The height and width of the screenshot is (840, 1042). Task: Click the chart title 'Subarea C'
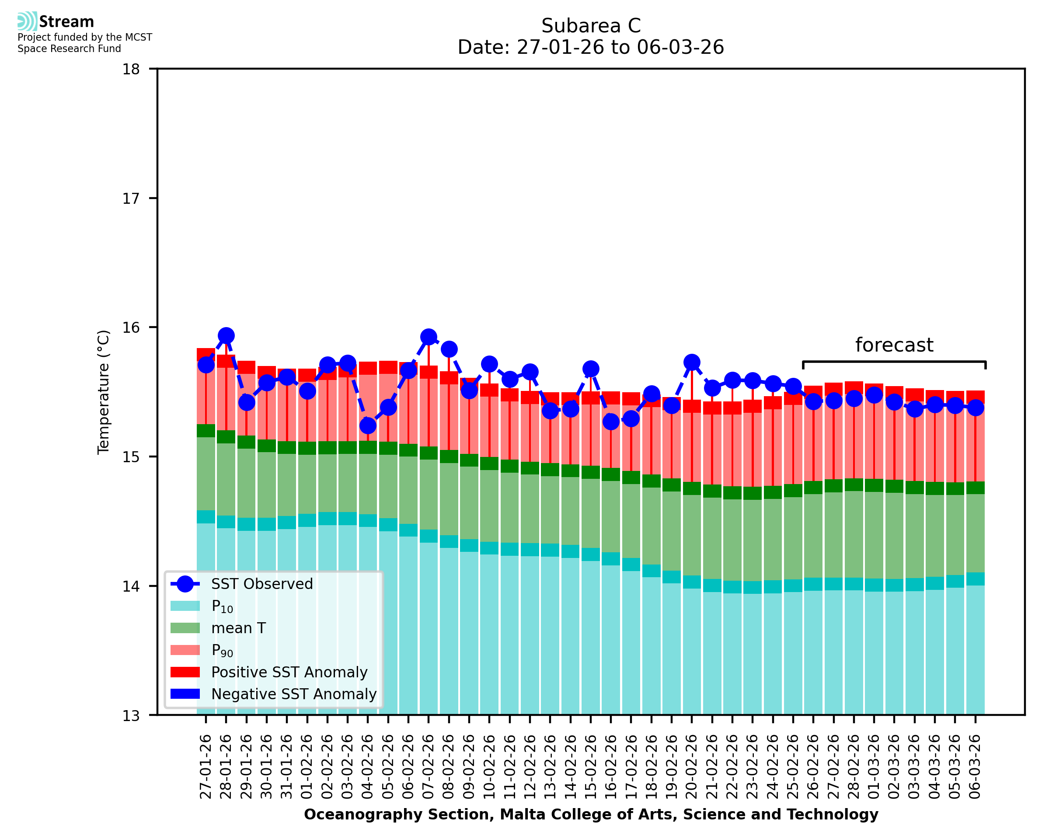(x=591, y=26)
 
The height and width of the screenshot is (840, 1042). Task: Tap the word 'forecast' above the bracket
(x=894, y=345)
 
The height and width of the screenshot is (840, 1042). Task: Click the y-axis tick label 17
(x=131, y=199)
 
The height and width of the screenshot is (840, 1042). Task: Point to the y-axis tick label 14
(x=131, y=586)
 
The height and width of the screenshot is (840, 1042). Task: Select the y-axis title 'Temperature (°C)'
(x=104, y=392)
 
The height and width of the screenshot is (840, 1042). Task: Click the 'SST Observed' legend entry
(x=262, y=584)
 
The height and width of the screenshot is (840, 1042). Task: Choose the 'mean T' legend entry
(x=238, y=628)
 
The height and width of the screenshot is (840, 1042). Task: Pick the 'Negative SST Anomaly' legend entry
(x=294, y=694)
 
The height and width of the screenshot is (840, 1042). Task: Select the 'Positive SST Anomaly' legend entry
(x=289, y=672)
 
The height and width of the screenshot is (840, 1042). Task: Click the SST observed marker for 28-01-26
(x=226, y=335)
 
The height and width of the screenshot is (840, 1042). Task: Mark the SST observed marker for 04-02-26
(x=368, y=425)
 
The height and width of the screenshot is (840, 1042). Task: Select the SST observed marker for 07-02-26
(x=429, y=337)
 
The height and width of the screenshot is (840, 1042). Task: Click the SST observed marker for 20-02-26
(x=692, y=362)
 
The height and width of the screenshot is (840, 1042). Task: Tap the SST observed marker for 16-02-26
(x=611, y=422)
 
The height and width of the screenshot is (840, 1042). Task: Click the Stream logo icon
(x=27, y=21)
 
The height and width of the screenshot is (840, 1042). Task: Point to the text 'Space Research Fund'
(x=69, y=49)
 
